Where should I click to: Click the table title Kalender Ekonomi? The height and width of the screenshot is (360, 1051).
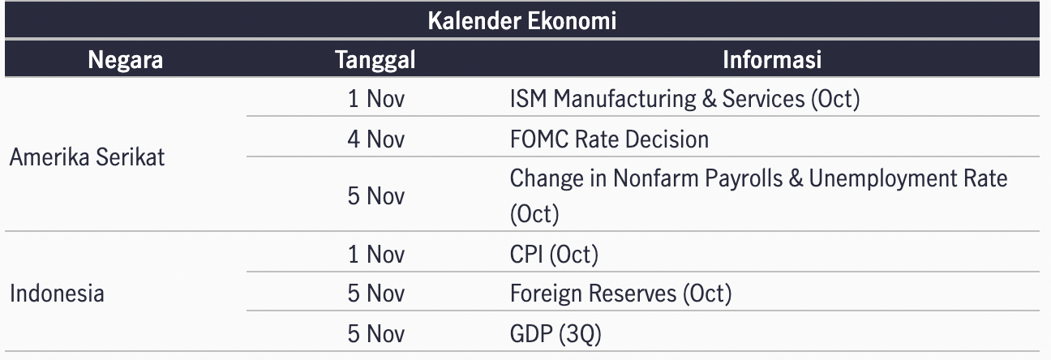[x=521, y=20]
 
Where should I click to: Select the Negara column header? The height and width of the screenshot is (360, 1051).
[x=125, y=60]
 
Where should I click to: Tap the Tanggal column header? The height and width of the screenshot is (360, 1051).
[x=375, y=60]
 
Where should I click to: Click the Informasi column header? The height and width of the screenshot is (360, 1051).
[x=772, y=60]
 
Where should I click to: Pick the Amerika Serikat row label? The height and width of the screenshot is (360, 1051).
[x=87, y=156]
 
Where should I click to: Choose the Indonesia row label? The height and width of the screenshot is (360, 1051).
[x=57, y=294]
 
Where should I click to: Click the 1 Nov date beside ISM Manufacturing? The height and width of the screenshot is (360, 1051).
[x=375, y=99]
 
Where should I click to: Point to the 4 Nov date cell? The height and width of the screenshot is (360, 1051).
[x=375, y=139]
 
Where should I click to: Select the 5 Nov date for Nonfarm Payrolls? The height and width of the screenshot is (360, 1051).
[x=375, y=195]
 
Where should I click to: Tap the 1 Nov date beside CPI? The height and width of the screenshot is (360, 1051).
[x=375, y=255]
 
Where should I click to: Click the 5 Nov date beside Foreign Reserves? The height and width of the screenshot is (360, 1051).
[x=375, y=294]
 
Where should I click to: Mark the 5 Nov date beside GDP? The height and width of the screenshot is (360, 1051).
[x=375, y=334]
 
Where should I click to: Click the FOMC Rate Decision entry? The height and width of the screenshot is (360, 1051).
[x=609, y=139]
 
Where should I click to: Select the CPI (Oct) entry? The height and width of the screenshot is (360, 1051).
[x=554, y=255]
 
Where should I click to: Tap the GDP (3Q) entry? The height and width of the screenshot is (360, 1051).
[x=556, y=334]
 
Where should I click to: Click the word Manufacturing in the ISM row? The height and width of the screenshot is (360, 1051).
[x=624, y=99]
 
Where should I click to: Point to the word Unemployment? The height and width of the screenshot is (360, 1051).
[x=882, y=179]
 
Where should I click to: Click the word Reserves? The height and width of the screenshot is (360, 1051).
[x=633, y=294]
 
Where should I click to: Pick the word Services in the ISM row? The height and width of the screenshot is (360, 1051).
[x=763, y=99]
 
